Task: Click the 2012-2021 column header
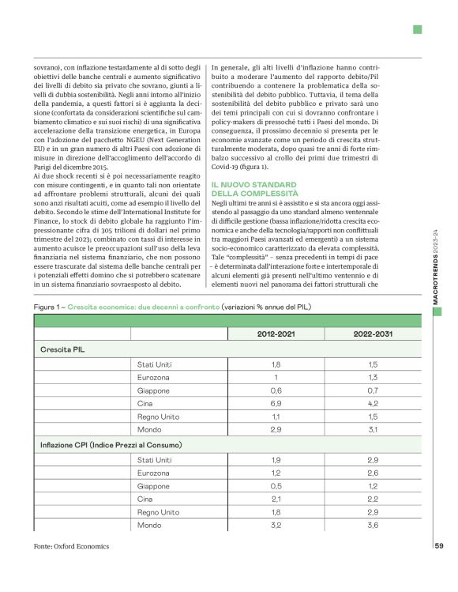click(x=276, y=334)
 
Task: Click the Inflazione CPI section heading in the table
click(x=111, y=446)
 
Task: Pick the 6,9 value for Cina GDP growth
click(x=276, y=403)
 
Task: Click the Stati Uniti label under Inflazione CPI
click(x=155, y=459)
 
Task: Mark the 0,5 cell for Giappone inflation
click(x=276, y=486)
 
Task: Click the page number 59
click(x=439, y=545)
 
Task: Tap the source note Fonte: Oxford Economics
click(x=72, y=546)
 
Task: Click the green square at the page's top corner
click(x=416, y=30)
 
